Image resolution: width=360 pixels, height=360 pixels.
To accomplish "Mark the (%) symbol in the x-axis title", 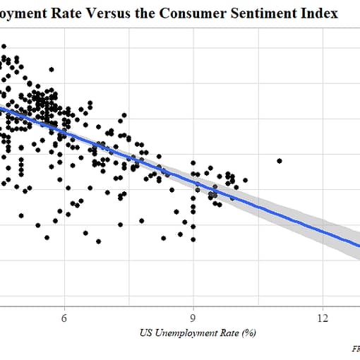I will [247, 332].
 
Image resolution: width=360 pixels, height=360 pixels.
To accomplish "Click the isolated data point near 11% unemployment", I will [280, 161].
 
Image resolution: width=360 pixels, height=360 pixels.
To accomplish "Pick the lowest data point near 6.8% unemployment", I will [99, 241].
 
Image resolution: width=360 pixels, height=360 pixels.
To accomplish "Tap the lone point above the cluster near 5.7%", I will [52, 69].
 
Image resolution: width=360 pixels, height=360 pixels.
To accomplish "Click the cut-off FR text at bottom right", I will [355, 348].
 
